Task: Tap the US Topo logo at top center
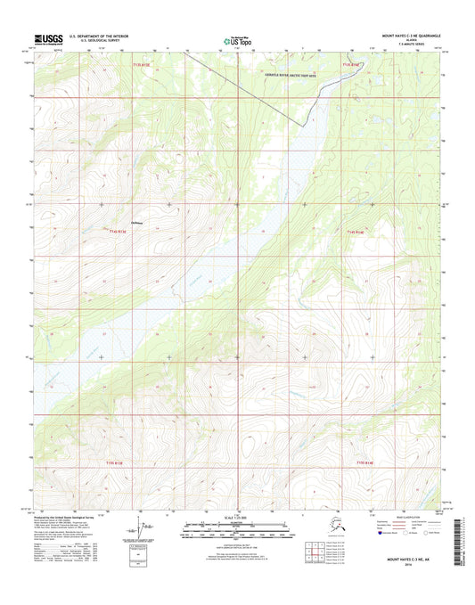pos(236,39)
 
